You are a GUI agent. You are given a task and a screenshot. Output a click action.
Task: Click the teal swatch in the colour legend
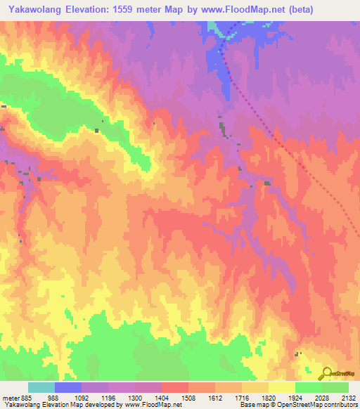coord(41,387)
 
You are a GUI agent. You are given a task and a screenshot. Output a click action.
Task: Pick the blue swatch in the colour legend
coord(68,387)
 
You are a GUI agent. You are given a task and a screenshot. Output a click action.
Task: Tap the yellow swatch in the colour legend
coord(281,387)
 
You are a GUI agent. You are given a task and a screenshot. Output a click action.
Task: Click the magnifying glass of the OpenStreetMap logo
coord(326,372)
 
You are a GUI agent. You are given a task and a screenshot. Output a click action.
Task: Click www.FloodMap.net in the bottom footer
coord(150,405)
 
